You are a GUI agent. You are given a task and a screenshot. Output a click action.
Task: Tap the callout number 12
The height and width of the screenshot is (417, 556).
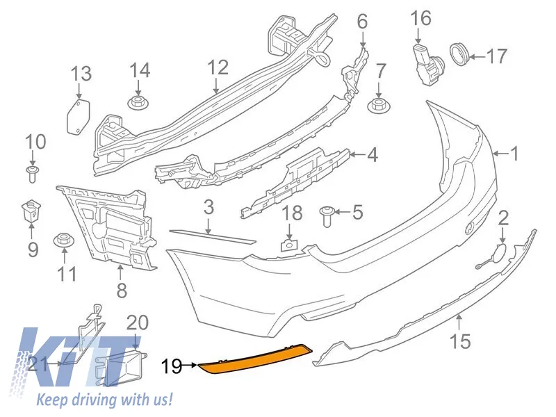218,67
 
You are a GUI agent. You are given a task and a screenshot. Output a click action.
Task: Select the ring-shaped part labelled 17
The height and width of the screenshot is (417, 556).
459,54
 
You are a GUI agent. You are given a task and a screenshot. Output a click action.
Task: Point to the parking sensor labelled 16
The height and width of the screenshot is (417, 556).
428,66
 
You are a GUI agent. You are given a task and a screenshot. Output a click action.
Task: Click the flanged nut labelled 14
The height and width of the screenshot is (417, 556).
138,102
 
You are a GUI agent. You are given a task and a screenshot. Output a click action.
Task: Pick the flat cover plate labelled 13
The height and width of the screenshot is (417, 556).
79,117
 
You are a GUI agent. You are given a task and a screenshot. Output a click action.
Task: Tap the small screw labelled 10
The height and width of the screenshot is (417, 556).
32,173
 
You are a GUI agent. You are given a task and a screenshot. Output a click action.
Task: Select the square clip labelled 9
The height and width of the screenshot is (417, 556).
31,210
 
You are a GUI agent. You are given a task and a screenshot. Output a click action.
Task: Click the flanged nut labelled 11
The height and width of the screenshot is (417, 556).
64,241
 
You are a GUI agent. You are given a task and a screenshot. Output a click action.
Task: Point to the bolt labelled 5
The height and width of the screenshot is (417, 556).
326,216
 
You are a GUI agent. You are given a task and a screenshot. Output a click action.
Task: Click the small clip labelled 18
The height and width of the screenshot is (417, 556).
289,245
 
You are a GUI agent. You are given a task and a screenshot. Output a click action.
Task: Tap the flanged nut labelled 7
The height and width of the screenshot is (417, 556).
378,106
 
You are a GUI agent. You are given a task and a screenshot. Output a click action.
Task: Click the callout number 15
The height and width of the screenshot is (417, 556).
460,341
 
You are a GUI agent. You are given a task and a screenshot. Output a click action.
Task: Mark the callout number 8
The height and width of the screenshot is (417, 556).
121,291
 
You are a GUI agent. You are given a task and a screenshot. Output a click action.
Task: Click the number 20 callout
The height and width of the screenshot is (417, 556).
137,322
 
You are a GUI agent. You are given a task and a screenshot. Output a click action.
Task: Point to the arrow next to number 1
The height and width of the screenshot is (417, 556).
500,154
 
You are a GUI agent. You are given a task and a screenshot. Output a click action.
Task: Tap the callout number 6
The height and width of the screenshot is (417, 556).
362,22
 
